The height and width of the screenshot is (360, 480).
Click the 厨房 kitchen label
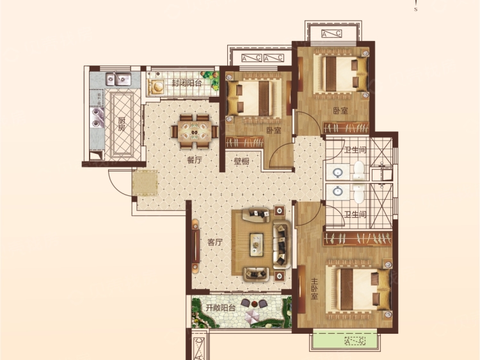122,124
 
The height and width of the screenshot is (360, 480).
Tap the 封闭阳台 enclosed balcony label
186,83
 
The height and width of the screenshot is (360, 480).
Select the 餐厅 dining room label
195,160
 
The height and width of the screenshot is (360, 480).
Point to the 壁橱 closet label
241,161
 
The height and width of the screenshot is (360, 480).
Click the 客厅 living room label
214,242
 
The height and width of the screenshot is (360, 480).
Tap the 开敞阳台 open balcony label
220,307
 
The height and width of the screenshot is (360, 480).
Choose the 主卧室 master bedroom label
314,289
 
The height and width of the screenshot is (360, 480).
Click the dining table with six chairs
195,131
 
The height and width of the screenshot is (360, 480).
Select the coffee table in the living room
256,245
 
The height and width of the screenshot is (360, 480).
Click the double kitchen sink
118,79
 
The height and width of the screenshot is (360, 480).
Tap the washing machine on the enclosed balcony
156,86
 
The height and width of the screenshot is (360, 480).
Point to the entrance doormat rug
145,183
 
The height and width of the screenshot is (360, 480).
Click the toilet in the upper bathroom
359,170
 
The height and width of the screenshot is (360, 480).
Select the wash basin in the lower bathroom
337,192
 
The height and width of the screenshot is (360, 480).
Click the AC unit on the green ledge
355,341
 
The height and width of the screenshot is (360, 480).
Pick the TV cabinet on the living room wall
195,246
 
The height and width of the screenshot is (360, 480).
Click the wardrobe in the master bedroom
358,239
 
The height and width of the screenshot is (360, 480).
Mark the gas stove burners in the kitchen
97,118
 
